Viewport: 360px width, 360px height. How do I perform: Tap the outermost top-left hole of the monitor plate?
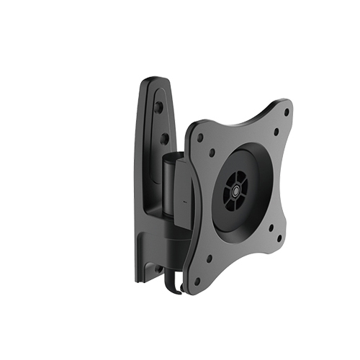[199, 137]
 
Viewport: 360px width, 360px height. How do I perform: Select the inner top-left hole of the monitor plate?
[213, 152]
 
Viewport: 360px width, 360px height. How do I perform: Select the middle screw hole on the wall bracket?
[163, 136]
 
